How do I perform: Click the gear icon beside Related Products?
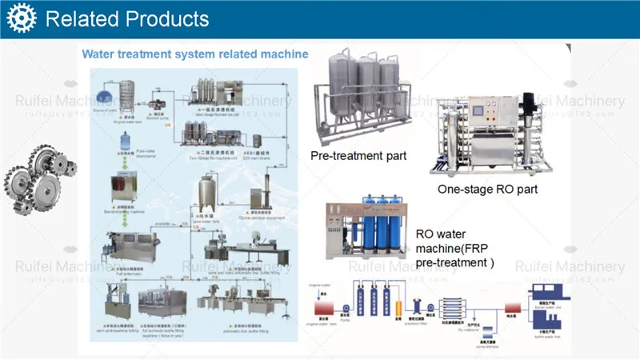coord(22,18)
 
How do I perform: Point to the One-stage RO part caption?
coord(487,190)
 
